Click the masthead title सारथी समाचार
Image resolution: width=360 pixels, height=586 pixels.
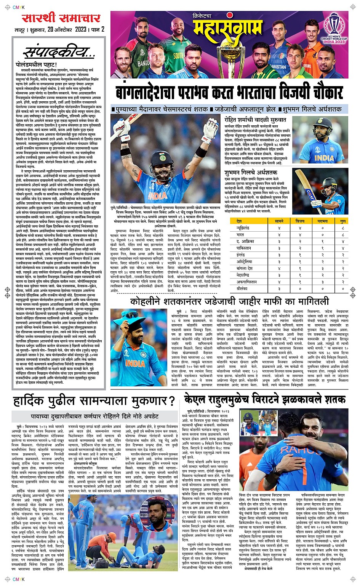(61, 18)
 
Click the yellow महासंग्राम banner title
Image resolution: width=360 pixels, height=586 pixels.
(228, 29)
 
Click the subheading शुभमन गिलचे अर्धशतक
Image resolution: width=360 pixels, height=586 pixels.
(251, 173)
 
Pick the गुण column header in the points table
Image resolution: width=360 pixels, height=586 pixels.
(343, 221)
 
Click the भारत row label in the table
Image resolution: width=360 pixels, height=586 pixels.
(240, 235)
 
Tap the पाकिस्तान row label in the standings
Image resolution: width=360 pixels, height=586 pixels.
(244, 248)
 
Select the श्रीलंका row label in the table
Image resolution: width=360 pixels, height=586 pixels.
(242, 289)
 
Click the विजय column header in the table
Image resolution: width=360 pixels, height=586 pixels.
(300, 221)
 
